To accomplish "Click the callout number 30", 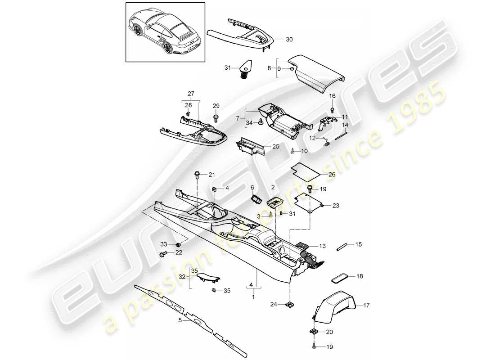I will [289, 40].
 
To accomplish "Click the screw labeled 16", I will [332, 109].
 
